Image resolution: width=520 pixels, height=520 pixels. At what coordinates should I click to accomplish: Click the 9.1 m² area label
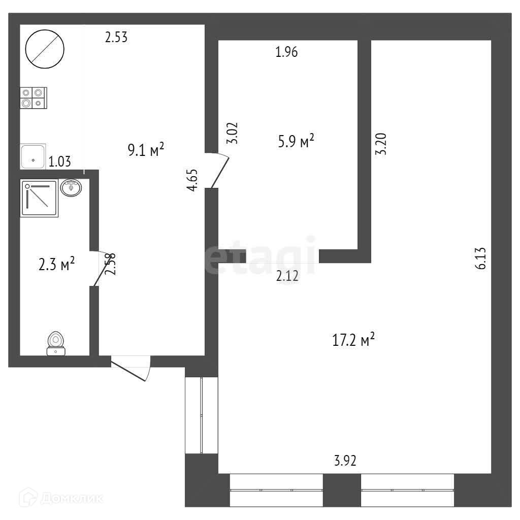click(x=146, y=150)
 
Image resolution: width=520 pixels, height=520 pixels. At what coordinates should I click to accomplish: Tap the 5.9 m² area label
click(x=296, y=142)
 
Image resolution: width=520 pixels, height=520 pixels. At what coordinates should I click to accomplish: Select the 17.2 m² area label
click(x=353, y=340)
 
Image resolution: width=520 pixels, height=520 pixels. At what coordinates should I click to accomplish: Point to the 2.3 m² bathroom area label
click(x=57, y=264)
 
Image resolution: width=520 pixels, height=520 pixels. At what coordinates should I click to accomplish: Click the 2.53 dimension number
click(x=116, y=37)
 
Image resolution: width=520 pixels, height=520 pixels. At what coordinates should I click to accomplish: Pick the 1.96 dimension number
click(x=286, y=52)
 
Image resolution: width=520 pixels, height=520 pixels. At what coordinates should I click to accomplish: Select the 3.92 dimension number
click(x=345, y=461)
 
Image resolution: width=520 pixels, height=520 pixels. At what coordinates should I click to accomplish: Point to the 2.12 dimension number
click(x=287, y=276)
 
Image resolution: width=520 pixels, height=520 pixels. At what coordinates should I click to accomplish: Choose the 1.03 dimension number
click(x=59, y=162)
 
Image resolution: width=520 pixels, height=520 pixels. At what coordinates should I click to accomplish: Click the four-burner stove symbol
click(x=33, y=97)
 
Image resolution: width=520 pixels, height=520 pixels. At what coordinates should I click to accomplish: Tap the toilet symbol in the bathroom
click(x=55, y=343)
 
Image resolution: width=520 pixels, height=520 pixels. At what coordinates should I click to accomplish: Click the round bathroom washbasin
click(x=71, y=188)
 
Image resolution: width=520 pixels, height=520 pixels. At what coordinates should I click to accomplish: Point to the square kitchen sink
click(x=33, y=156)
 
